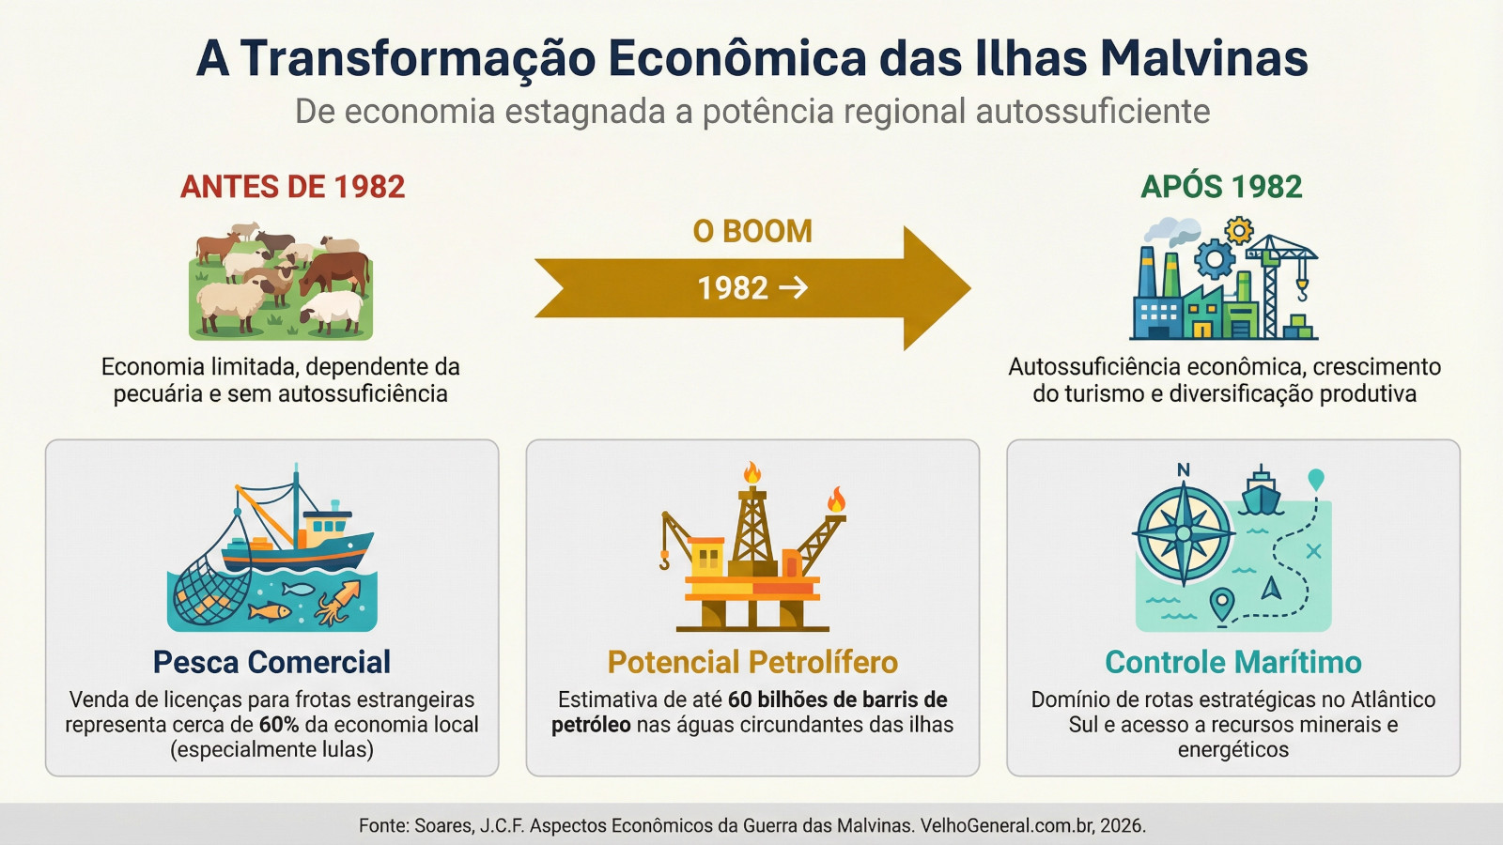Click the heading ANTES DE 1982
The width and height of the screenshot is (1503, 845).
pos(292,187)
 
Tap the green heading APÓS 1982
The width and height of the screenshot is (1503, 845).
pos(1221,186)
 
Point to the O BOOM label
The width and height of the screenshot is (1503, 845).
pos(752,231)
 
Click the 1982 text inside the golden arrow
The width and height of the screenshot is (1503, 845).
pos(733,288)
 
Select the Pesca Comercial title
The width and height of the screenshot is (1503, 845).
pos(271,662)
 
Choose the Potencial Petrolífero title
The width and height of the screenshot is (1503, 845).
pos(752,662)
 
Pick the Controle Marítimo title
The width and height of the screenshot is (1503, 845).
pos(1233,662)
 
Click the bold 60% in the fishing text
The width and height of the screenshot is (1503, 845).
pos(279,725)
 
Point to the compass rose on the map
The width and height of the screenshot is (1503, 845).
pos(1183,534)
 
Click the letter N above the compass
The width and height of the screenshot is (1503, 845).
pos(1184,470)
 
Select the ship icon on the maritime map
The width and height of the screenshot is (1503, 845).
pos(1261,492)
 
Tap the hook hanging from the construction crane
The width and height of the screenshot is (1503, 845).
pos(1302,290)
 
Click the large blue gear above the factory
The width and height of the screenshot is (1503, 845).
pos(1215,259)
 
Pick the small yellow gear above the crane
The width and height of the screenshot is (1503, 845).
pos(1239,231)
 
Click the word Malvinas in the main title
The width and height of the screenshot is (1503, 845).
pos(1203,58)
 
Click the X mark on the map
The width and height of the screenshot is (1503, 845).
pos(1314,552)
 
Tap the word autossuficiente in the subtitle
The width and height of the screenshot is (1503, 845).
pos(1093,112)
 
